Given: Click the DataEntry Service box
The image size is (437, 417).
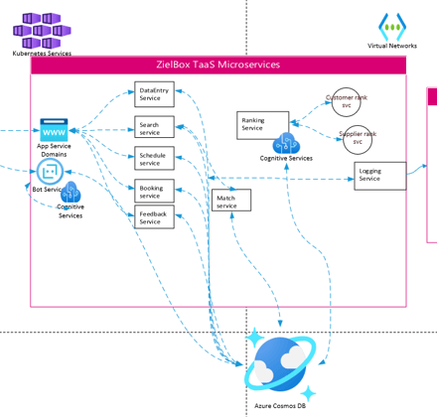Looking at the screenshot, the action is [x=154, y=94].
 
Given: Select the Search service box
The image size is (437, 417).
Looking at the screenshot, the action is [x=154, y=127].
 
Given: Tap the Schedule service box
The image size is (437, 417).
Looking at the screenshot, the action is [x=154, y=158].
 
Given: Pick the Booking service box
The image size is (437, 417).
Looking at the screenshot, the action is [x=154, y=191].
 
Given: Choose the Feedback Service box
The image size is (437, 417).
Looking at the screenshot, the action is [x=154, y=216].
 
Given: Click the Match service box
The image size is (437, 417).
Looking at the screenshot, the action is [x=231, y=201].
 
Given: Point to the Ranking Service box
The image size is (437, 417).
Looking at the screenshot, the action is [x=263, y=125].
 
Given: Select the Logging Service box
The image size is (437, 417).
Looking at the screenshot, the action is [x=380, y=176].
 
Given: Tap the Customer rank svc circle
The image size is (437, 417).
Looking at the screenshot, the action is [x=347, y=102].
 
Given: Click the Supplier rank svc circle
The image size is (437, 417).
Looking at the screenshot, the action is [x=358, y=140].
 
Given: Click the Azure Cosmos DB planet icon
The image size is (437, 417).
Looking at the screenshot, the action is [x=280, y=364].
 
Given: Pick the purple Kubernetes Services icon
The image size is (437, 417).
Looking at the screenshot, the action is [x=42, y=31].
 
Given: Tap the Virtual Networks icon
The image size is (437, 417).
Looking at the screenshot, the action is [x=392, y=27].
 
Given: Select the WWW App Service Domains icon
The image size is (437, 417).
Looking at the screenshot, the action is [x=54, y=130].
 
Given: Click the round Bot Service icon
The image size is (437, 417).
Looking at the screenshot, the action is [x=50, y=172].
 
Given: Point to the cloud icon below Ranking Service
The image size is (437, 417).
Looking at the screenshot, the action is [x=286, y=143].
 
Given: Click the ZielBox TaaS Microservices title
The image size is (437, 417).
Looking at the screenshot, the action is [x=218, y=65].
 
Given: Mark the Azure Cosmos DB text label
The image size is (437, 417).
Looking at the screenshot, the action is [x=280, y=406].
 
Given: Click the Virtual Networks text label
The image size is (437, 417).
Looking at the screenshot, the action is [x=392, y=46].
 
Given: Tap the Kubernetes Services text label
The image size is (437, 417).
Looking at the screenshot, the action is [x=42, y=54].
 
